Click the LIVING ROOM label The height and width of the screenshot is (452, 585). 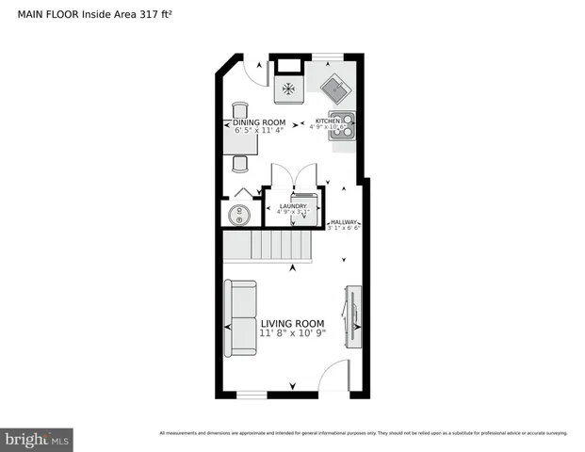pos(292,323)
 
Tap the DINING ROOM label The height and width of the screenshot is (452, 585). pos(260,122)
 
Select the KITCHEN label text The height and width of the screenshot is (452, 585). pos(327,121)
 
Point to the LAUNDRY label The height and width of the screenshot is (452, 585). pos(293,206)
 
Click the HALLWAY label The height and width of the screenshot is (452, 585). pos(344,221)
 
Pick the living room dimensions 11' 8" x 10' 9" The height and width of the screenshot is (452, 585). pos(292,334)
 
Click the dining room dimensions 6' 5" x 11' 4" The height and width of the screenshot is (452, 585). pos(260,131)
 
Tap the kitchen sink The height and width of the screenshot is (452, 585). pos(334,91)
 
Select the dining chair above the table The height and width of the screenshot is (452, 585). pos(239,109)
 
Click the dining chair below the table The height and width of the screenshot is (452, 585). pos(239,162)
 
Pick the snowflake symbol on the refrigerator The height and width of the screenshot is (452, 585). pos(288,91)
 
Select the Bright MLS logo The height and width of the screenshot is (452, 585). pos(38,439)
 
